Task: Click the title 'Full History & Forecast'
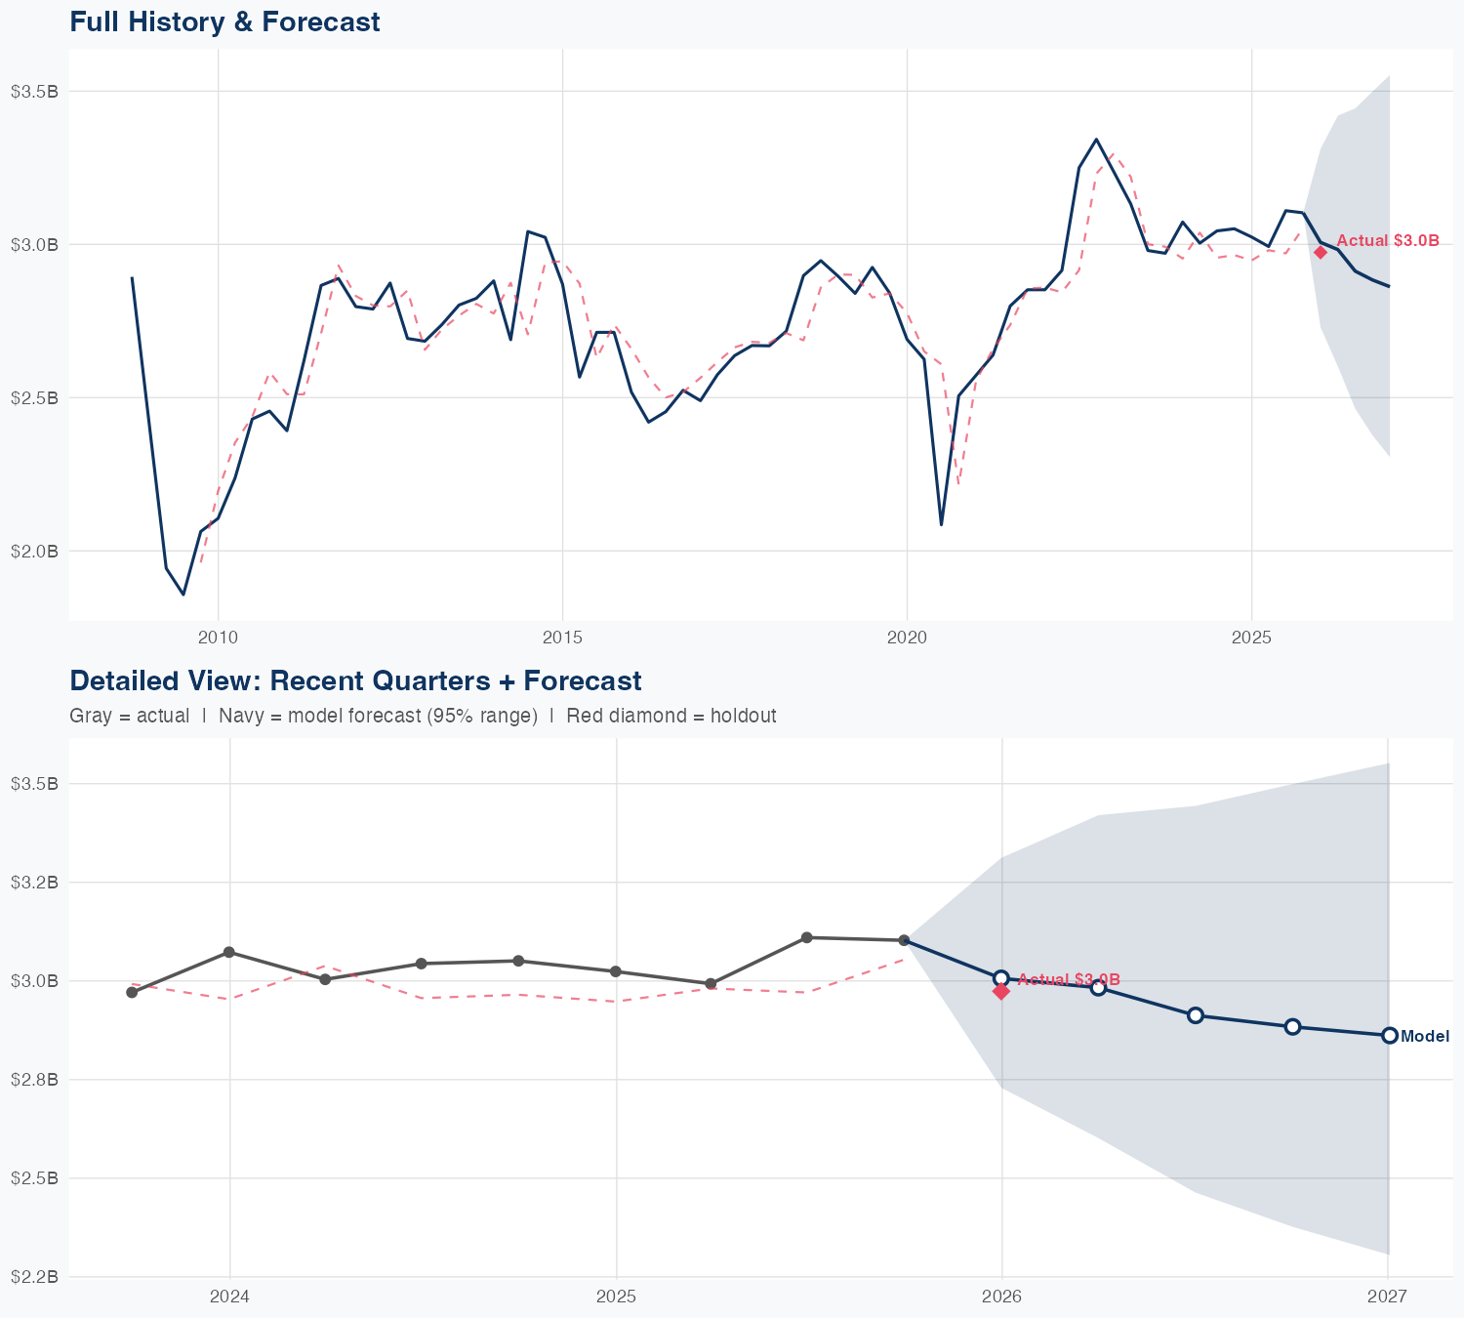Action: click(x=224, y=21)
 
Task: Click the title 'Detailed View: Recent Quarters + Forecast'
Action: click(x=355, y=680)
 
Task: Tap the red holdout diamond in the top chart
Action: click(x=1321, y=252)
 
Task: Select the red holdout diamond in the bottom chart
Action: click(x=1000, y=992)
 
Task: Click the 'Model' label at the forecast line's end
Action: click(x=1425, y=1037)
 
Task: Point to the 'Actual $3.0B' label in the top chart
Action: click(x=1387, y=240)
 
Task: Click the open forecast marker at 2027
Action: click(x=1389, y=1036)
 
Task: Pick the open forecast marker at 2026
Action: click(x=1000, y=978)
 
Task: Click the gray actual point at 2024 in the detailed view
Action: click(x=228, y=952)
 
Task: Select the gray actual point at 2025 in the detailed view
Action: click(x=615, y=971)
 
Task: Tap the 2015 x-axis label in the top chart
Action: click(x=562, y=638)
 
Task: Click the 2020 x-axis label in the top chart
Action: click(x=907, y=638)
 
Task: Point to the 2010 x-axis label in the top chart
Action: click(x=218, y=638)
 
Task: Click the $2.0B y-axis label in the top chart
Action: click(x=35, y=552)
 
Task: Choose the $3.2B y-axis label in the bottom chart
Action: click(x=35, y=883)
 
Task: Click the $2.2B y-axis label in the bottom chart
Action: click(x=35, y=1277)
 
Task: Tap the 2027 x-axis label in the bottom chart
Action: click(x=1387, y=1297)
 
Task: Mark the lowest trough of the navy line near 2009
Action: click(x=183, y=594)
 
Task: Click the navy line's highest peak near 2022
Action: click(x=1096, y=140)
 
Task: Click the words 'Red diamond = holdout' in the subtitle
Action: click(x=671, y=716)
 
